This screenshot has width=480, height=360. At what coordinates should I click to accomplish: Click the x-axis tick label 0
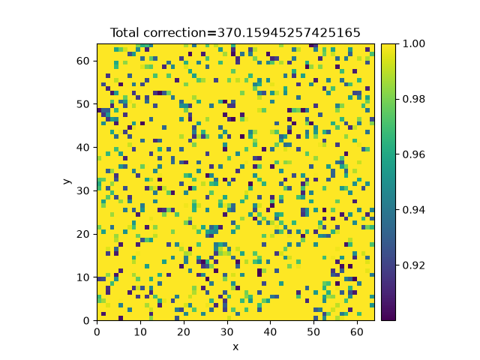[x=97, y=331]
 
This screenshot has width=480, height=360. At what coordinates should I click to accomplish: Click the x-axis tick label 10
[x=140, y=331]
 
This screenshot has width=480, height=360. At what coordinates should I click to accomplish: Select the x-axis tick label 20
[x=184, y=331]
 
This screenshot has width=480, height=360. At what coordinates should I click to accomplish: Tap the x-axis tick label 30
[x=227, y=331]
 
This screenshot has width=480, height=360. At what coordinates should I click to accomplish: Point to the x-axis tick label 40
[x=270, y=331]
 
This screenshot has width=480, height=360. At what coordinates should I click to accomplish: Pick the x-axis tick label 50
[x=313, y=331]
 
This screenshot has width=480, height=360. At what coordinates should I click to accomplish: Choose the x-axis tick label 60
[x=357, y=331]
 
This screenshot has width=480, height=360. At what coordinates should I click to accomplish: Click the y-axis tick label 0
[x=86, y=321]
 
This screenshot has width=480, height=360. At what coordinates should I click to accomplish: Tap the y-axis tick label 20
[x=82, y=234]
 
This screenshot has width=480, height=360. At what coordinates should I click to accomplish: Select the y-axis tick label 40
[x=82, y=148]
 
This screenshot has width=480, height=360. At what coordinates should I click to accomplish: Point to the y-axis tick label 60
[x=82, y=61]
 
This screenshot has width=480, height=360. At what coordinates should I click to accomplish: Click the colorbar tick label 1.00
[x=413, y=43]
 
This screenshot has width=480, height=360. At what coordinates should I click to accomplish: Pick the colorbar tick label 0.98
[x=413, y=99]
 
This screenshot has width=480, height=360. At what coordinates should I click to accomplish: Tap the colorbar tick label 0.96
[x=413, y=154]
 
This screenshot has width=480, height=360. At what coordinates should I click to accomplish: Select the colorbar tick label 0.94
[x=413, y=210]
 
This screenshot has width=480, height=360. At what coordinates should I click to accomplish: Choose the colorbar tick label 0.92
[x=413, y=265]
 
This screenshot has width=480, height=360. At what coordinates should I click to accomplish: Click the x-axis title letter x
[x=235, y=347]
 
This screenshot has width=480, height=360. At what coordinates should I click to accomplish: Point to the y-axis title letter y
[x=67, y=181]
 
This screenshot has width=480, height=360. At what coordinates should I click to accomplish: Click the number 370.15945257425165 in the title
[x=289, y=33]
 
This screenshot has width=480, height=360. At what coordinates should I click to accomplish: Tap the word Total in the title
[x=125, y=33]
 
